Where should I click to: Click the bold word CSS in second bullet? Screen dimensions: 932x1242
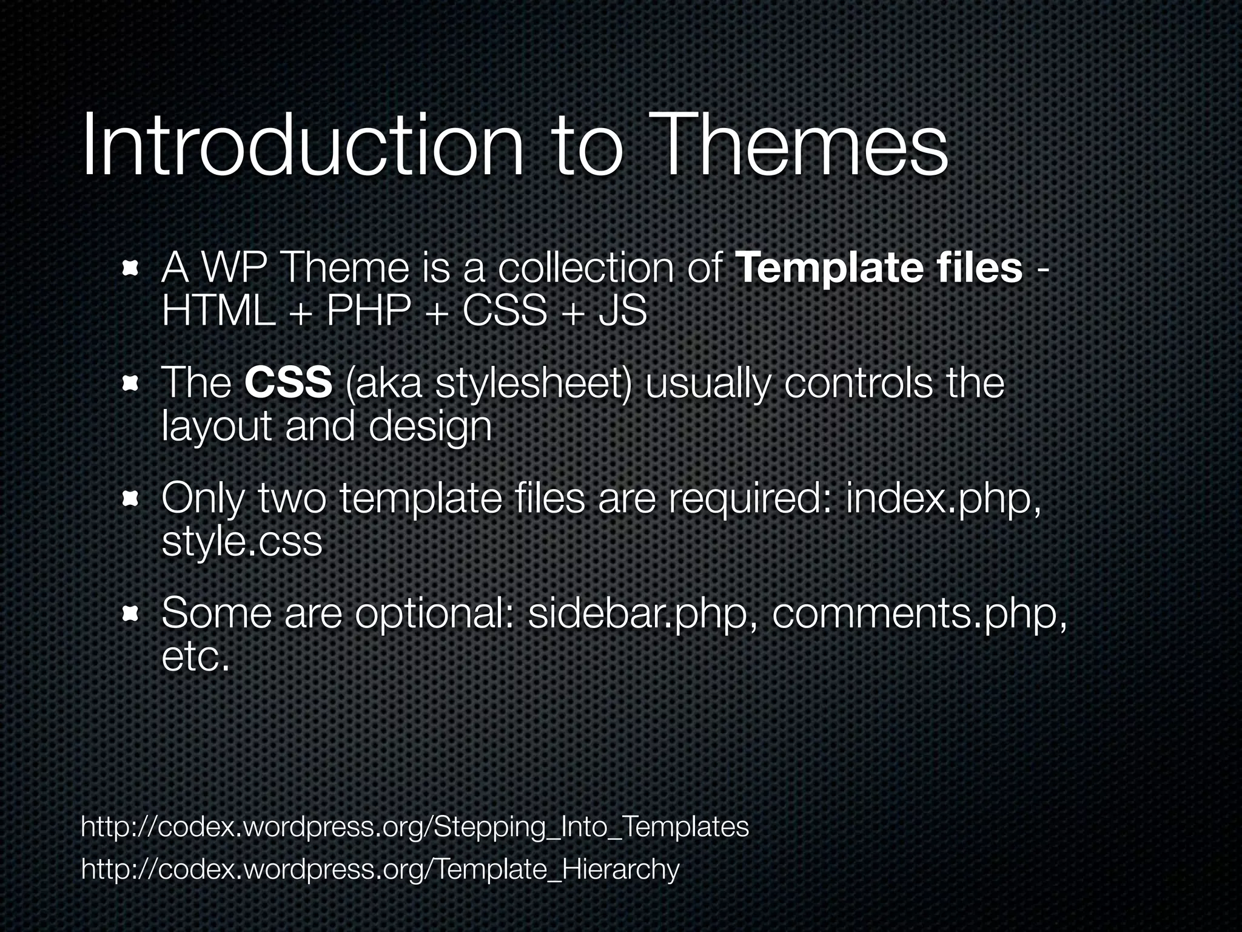[289, 383]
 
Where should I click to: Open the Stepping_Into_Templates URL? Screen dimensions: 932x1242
[415, 827]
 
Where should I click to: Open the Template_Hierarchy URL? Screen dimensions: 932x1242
[380, 870]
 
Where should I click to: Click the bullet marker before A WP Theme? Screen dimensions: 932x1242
[130, 269]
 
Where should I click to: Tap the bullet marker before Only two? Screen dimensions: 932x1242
[130, 499]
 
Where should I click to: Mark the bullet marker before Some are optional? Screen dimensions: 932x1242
[130, 614]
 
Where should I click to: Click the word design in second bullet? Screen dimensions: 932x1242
[430, 427]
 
